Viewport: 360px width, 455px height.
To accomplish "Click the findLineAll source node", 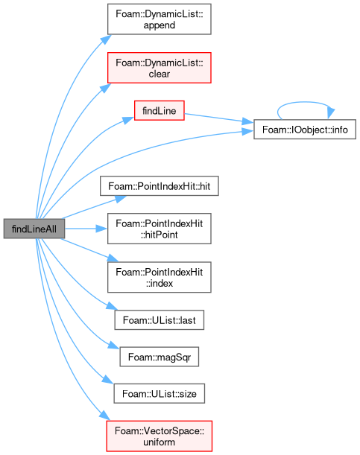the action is coord(34,229).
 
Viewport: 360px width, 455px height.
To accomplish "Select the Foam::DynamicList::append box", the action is coord(159,19).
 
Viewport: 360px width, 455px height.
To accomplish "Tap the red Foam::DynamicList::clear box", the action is coord(159,68).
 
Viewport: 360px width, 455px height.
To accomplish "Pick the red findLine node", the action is coord(159,110).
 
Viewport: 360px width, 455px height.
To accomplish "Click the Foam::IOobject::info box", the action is coord(305,130).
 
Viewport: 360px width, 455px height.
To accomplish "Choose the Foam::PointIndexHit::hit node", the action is coord(159,185).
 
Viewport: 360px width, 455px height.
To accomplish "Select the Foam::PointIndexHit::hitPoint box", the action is coord(159,229).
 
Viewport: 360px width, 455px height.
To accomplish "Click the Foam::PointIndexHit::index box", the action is coord(159,277).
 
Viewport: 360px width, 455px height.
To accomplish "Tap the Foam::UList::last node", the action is coord(159,320).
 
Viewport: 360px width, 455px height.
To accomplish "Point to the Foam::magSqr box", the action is coord(159,357).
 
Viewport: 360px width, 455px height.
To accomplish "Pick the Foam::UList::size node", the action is coord(159,393).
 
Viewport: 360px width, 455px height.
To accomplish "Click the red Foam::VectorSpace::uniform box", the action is coord(159,436).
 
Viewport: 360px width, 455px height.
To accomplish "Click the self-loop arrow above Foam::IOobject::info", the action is coord(305,102).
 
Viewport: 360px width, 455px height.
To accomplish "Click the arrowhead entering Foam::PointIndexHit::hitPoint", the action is coord(101,229).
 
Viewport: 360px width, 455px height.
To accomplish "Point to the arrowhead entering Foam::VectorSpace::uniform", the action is coord(105,416).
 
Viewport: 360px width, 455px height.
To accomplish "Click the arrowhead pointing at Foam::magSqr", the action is coord(114,346).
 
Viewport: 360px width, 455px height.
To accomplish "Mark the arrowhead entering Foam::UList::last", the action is coord(112,306).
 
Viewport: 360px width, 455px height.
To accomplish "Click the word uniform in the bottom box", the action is coord(159,442).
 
